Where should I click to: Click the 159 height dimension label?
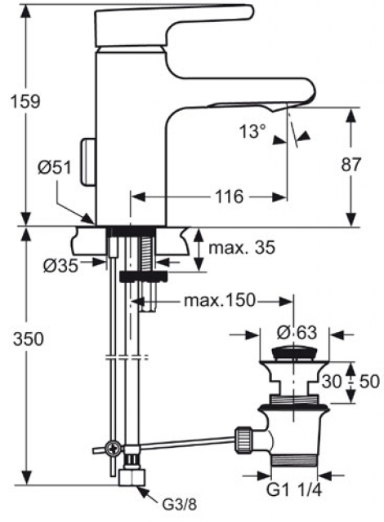25,101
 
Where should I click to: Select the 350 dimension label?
29,339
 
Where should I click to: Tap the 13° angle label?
252,131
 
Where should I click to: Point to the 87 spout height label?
351,165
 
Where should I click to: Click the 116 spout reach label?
230,197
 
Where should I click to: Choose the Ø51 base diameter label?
55,167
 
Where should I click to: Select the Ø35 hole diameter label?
60,265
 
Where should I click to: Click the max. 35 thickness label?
242,247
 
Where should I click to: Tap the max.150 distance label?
220,301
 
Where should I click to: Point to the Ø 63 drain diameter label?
297,332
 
